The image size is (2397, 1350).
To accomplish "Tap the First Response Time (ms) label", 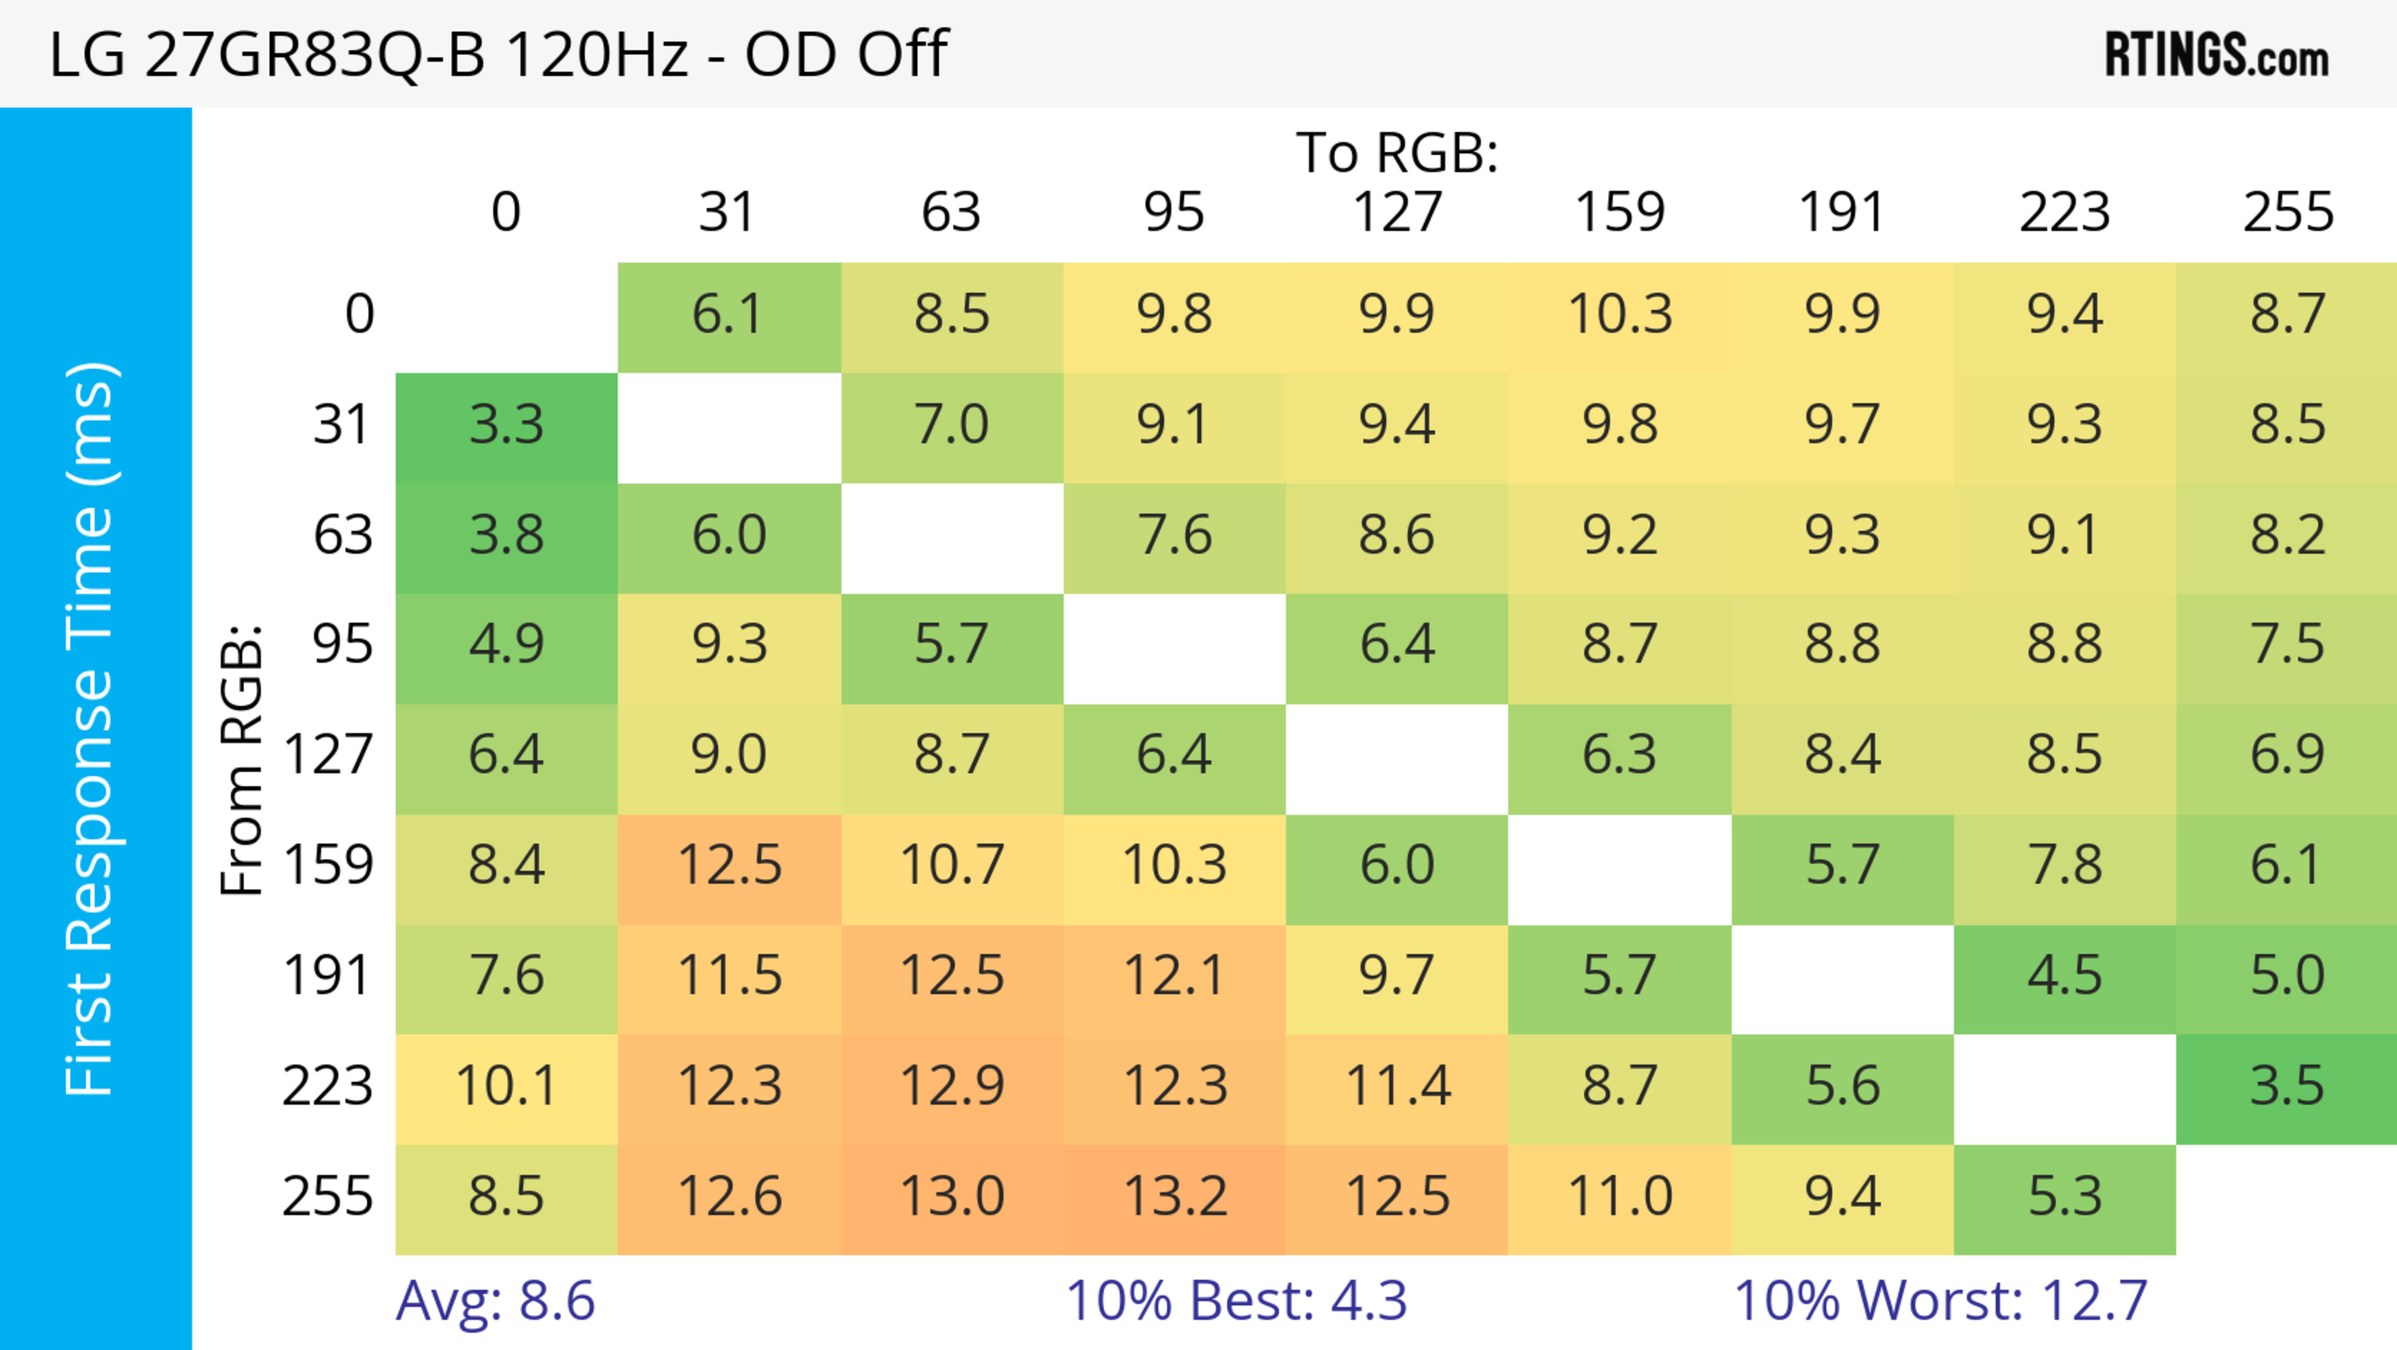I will tap(91, 728).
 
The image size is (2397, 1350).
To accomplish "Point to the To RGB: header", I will tap(1397, 152).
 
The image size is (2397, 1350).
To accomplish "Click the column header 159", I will tap(1619, 212).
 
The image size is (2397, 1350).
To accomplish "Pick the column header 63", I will tap(951, 212).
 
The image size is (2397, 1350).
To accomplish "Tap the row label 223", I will tap(328, 1086).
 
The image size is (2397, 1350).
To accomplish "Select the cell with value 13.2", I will tap(1174, 1196).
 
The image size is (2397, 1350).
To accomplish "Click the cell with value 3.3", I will tap(506, 425).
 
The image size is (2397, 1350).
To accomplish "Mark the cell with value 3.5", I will tap(2287, 1086).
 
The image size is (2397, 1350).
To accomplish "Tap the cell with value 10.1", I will tap(506, 1086).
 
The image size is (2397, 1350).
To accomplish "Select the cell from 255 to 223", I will tap(2064, 1196).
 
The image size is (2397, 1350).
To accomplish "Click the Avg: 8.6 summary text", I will tap(495, 1301).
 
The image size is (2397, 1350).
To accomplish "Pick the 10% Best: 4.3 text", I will tap(1236, 1301).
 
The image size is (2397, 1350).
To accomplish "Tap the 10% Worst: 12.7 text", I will tap(1940, 1301).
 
